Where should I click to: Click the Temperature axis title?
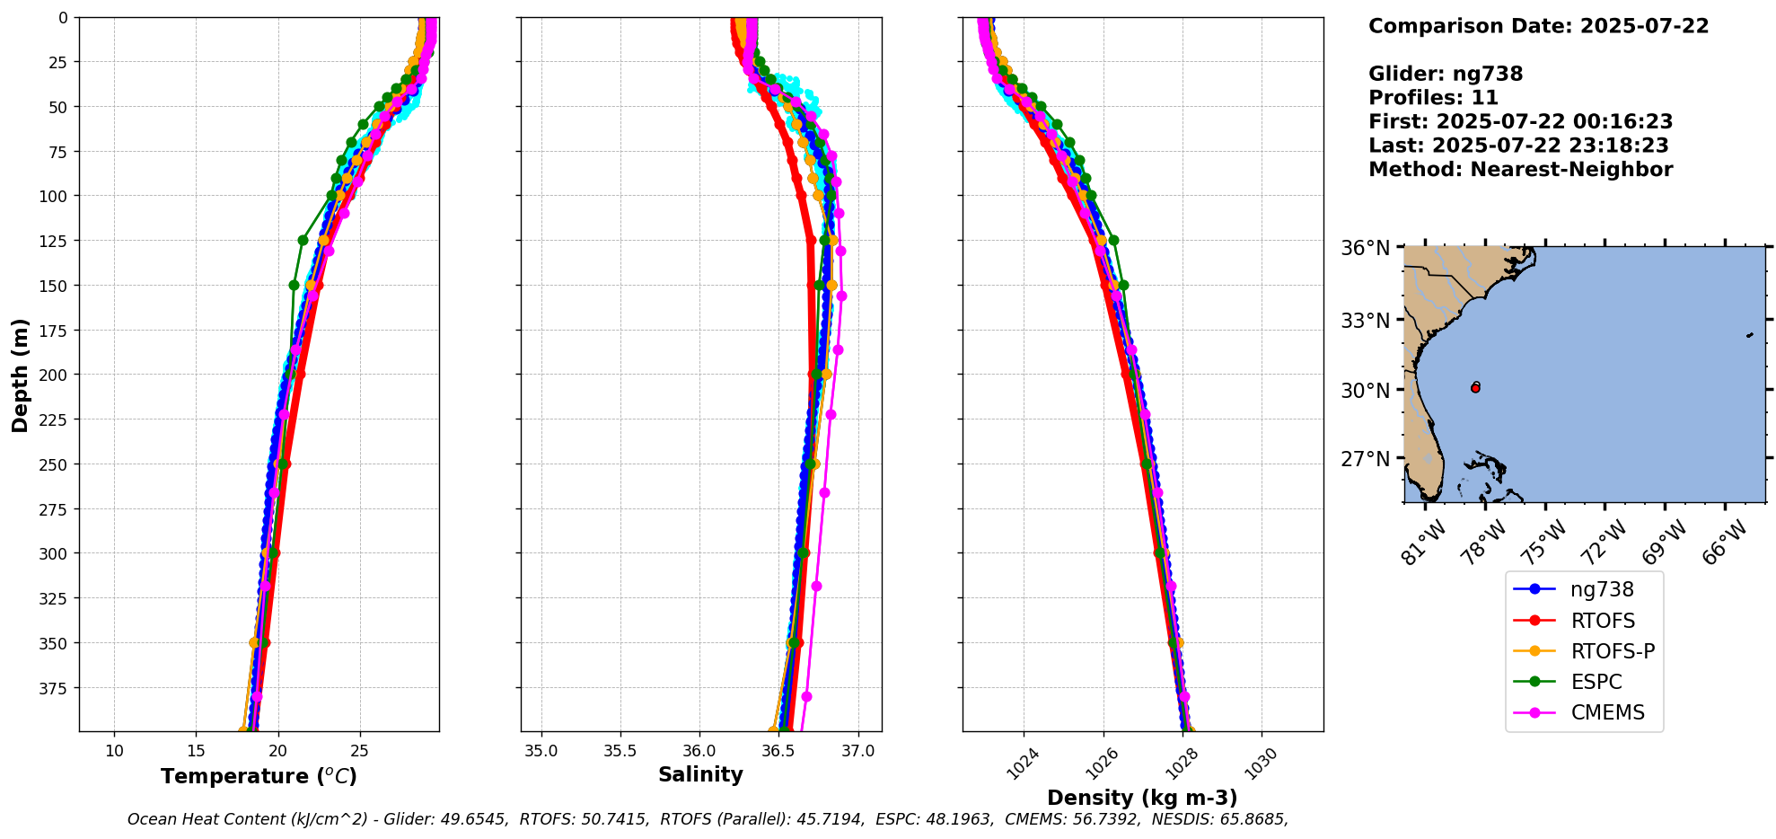[x=259, y=776]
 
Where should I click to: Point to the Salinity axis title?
[x=700, y=774]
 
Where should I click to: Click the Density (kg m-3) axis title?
[x=1142, y=798]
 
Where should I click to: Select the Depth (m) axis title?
[x=20, y=375]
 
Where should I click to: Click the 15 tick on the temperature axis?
[x=196, y=751]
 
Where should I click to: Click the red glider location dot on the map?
[x=1475, y=388]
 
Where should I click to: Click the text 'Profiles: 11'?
[x=1433, y=98]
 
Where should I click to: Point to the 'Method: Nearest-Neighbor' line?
[x=1520, y=170]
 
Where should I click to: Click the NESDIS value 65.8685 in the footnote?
[x=1252, y=819]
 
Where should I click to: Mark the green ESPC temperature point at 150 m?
[x=294, y=285]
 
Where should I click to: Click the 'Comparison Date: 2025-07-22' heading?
[x=1538, y=26]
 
